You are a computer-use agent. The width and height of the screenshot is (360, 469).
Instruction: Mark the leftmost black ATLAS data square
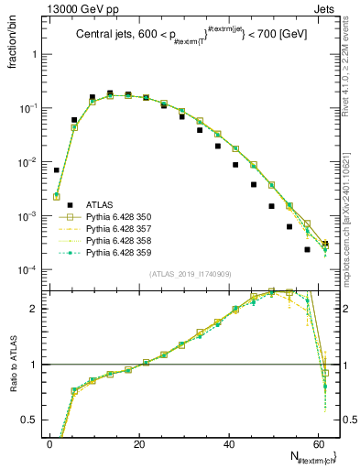pos(57,169)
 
